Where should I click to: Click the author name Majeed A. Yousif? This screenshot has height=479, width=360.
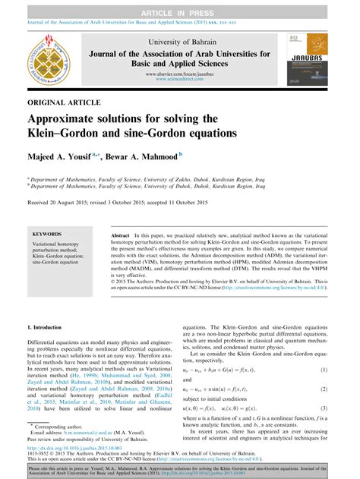pos(64,155)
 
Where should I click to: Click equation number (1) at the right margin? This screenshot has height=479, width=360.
pos(324,390)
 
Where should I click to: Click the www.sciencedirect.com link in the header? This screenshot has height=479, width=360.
pos(179,79)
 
